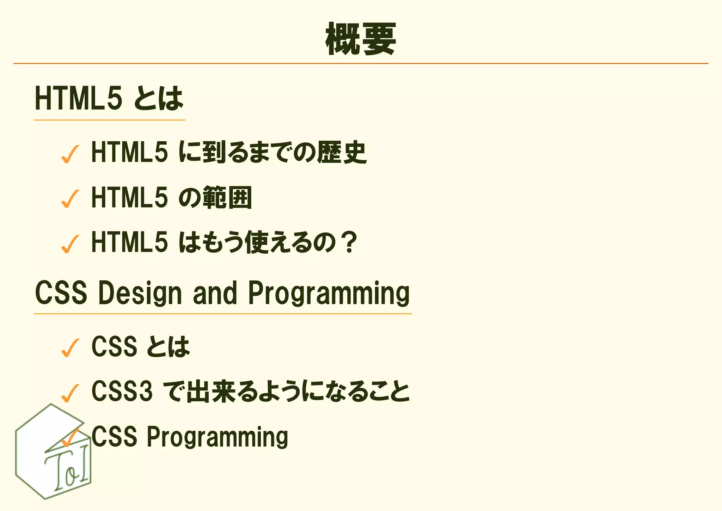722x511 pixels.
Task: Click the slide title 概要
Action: click(x=361, y=39)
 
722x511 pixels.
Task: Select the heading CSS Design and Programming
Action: click(x=222, y=293)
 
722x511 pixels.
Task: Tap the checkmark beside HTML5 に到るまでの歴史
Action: click(x=70, y=154)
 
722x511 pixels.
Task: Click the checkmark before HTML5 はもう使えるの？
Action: click(x=70, y=244)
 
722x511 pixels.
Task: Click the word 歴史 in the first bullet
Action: click(x=342, y=152)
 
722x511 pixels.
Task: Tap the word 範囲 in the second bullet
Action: click(x=227, y=197)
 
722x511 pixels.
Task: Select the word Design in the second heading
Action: click(x=140, y=293)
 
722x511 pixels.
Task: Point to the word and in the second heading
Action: click(x=215, y=293)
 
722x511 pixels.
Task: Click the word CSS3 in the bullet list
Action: click(x=122, y=391)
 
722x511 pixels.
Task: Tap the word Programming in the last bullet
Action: click(x=217, y=437)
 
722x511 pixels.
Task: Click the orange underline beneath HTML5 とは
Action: click(x=110, y=120)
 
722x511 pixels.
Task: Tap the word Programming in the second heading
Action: click(x=329, y=293)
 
